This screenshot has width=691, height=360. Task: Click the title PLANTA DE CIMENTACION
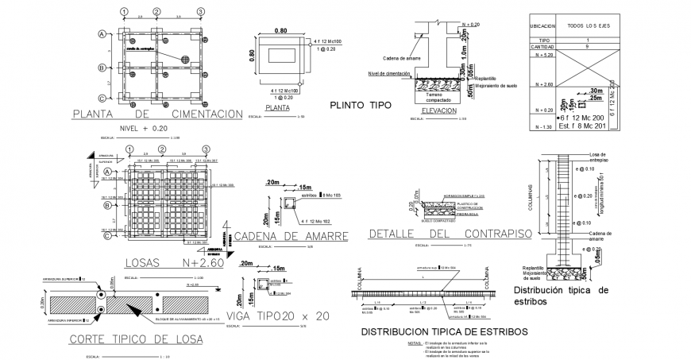156,114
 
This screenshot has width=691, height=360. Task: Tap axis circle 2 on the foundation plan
157,11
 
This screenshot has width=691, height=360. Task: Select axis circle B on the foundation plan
102,68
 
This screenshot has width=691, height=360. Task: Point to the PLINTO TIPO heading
362,105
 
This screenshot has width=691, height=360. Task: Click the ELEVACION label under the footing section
439,110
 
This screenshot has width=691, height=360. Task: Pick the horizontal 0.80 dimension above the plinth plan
280,31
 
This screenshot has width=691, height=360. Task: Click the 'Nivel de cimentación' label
388,72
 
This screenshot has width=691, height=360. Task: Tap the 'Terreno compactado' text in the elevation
438,96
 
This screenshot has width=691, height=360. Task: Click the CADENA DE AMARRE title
291,236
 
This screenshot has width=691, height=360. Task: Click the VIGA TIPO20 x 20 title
277,315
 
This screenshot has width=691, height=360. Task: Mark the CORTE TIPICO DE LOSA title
137,340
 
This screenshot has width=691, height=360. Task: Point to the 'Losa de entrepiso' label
600,157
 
